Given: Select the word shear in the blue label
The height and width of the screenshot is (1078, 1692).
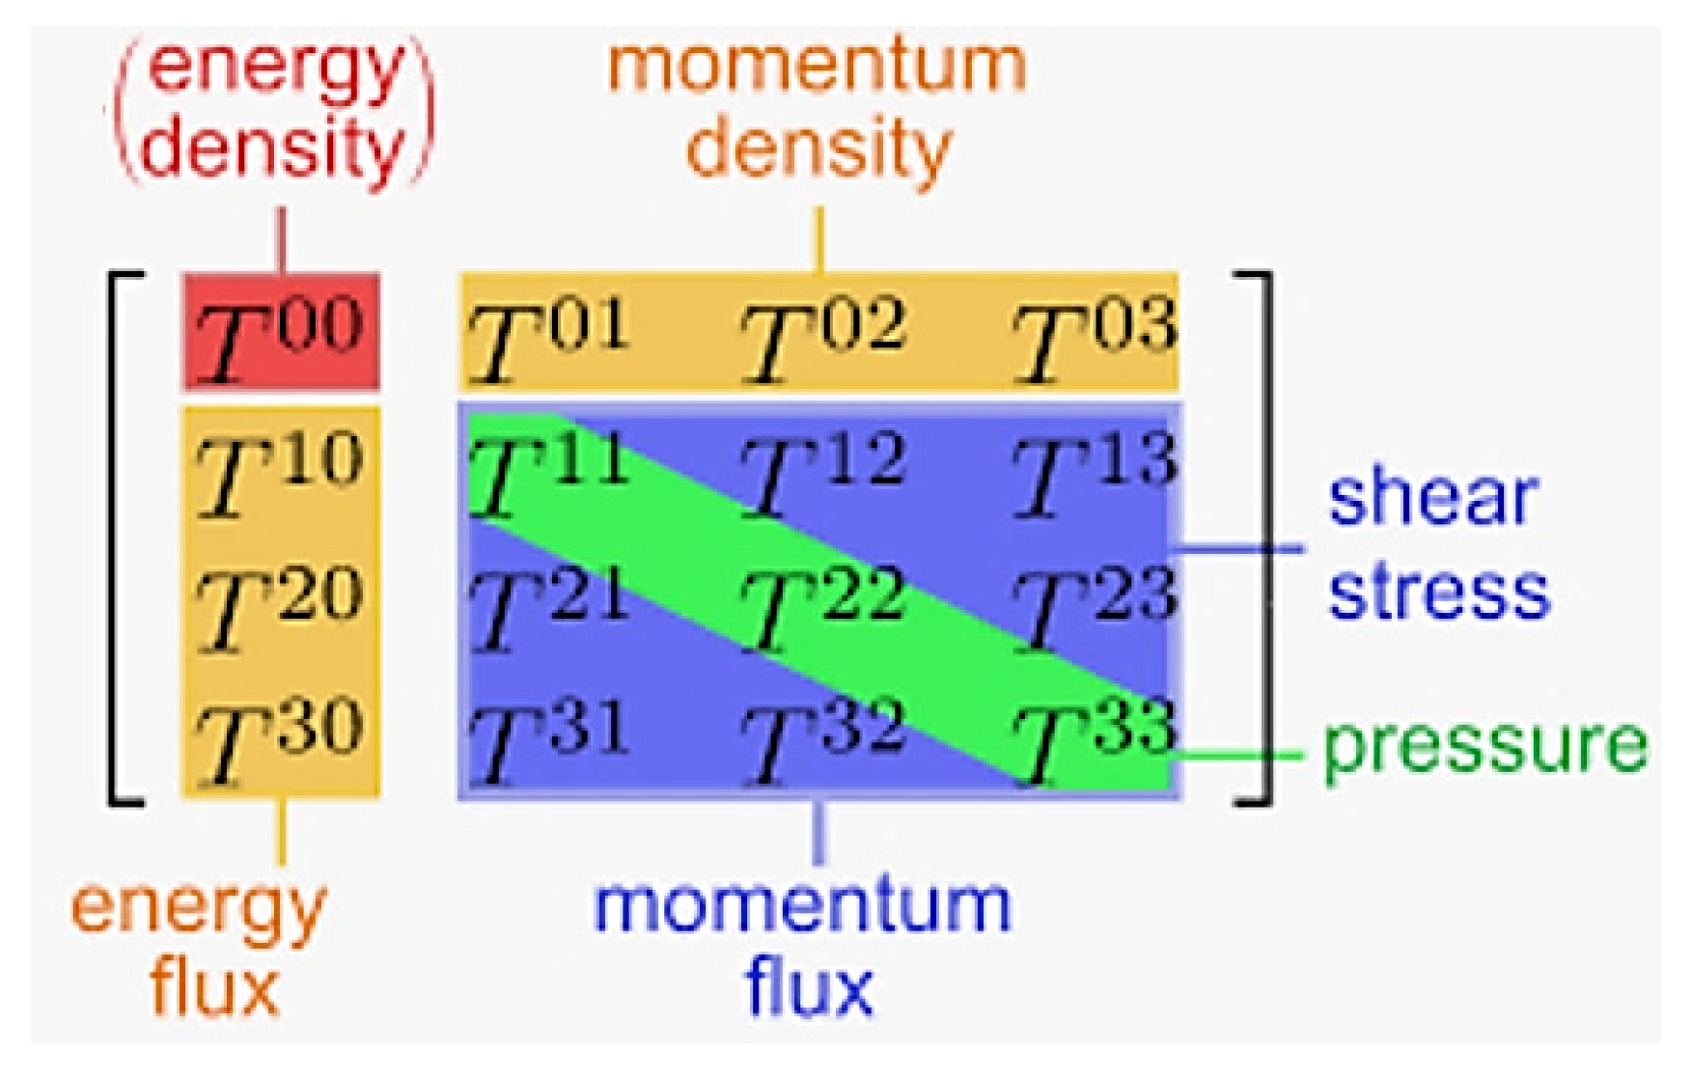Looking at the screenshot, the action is (1432, 499).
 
